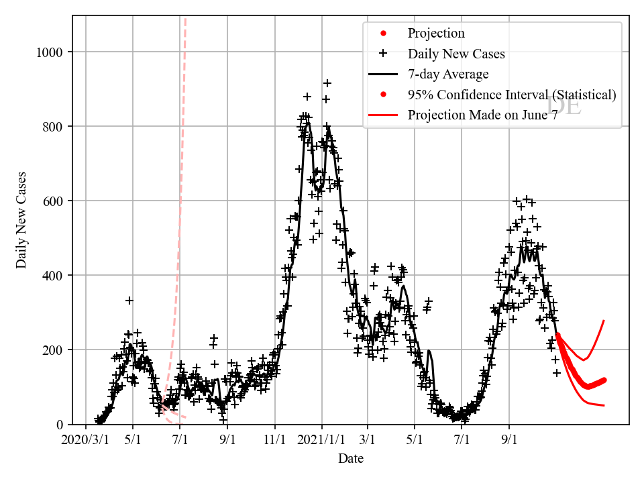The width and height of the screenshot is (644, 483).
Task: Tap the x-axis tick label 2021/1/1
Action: coord(321,440)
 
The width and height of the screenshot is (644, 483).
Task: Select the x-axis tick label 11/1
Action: coord(274,440)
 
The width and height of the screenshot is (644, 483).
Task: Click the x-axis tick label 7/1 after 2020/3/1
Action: coord(180,440)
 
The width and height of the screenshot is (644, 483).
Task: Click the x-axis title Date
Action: coord(351,459)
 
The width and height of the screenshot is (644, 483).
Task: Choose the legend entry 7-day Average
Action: coord(447,74)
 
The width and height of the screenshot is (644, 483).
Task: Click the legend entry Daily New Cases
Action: coord(456,54)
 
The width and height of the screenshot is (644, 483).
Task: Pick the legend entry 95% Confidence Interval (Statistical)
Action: coord(511,95)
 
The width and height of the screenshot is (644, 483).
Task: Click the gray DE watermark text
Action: coord(563,106)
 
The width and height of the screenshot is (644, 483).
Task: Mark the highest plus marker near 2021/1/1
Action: coord(327,83)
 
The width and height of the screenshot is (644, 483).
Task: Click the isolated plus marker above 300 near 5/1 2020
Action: coord(129,301)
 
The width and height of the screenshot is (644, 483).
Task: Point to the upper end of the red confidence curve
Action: coord(604,321)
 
